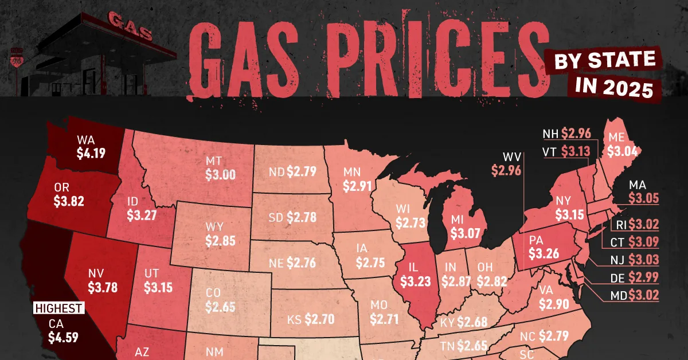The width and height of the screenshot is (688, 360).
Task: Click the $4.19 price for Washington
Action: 91,153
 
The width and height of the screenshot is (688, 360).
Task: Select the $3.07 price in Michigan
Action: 464,234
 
